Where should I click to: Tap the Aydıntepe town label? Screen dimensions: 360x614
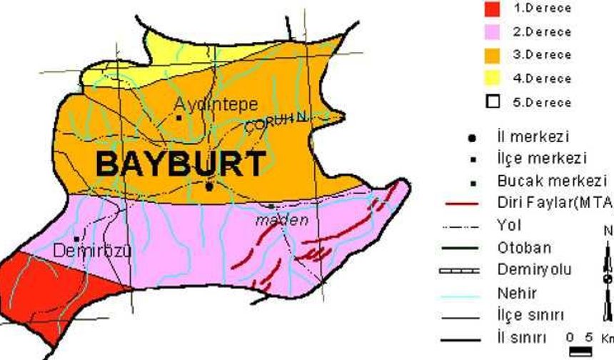tap(216, 104)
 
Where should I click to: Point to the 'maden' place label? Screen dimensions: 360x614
tap(283, 220)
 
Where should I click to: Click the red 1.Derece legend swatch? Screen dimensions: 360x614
tap(492, 9)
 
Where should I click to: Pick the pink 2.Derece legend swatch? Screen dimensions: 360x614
tap(492, 32)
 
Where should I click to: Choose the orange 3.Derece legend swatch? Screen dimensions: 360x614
tap(492, 55)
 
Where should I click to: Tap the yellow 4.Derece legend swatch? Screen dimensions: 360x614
tap(492, 78)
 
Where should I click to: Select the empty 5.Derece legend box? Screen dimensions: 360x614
tap(492, 101)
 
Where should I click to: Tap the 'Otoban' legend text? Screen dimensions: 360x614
tap(523, 248)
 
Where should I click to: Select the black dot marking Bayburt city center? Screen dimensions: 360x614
tap(208, 186)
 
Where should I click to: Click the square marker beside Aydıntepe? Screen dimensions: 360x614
tap(178, 117)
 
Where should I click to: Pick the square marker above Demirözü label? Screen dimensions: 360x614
tap(76, 239)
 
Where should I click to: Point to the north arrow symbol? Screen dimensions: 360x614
tap(608, 279)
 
